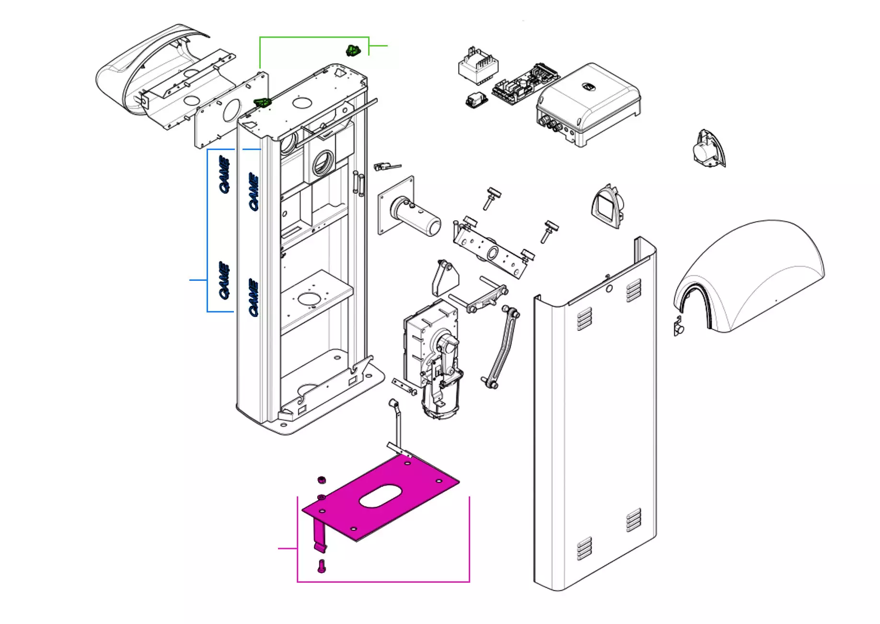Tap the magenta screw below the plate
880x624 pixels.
click(322, 566)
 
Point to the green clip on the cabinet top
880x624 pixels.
click(262, 102)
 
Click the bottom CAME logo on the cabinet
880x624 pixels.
click(254, 297)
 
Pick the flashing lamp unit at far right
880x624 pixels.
click(708, 149)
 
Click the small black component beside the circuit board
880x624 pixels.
click(476, 100)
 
